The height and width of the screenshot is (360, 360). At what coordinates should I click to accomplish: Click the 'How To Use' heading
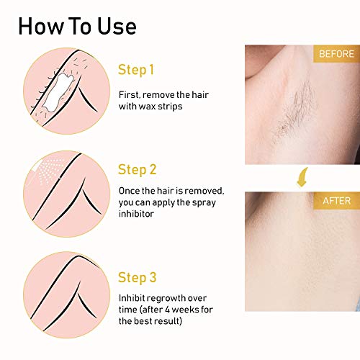click(77, 27)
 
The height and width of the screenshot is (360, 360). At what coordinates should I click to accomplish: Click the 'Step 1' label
click(136, 70)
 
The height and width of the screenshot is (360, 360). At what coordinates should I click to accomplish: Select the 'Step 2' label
click(137, 170)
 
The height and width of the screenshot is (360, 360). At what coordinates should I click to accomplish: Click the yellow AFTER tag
click(335, 202)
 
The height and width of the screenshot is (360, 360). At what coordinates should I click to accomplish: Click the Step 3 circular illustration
click(60, 292)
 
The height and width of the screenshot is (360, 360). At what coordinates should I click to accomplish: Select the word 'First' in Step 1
click(130, 94)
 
